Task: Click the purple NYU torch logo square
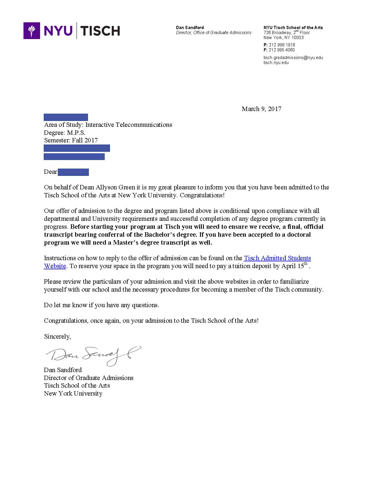32,31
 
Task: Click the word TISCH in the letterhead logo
100,31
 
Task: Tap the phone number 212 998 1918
282,45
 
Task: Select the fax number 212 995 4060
282,50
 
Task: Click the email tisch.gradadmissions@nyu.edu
293,58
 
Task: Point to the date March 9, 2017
261,109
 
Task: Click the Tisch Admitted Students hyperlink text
277,258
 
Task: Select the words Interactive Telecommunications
128,125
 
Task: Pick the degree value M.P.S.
76,133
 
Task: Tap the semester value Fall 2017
85,140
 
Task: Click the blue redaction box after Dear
73,172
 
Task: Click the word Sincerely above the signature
57,337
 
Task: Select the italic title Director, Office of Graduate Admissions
214,33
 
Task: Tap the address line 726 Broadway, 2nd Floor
286,33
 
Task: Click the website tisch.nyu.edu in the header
276,63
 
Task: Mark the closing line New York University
73,394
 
